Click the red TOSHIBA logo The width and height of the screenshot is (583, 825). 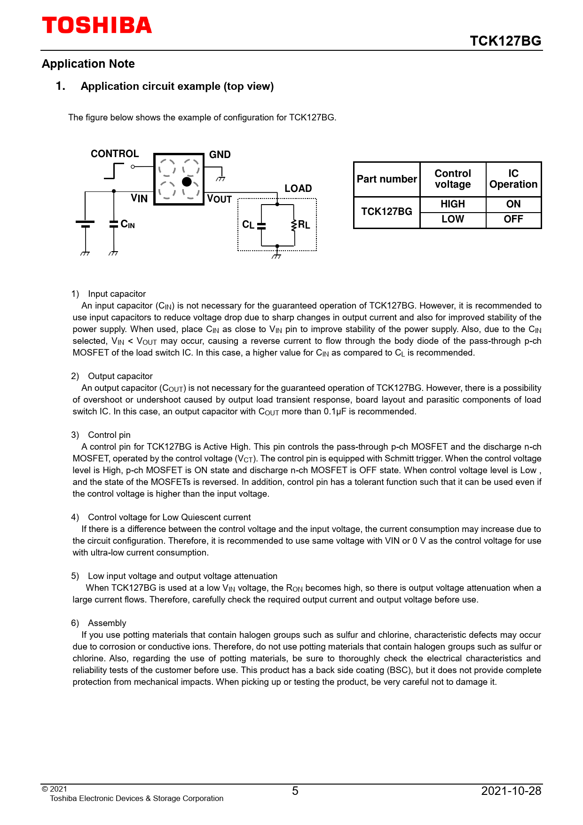pos(97,25)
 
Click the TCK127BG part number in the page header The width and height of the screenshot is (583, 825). pos(505,41)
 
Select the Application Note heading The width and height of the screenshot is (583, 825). pos(88,64)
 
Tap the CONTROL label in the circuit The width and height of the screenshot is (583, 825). pos(115,154)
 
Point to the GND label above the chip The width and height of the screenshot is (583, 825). pos(220,155)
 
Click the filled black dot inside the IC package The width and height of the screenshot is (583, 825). pos(187,182)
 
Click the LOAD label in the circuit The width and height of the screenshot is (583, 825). pos(298,189)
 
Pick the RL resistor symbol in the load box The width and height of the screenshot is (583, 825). pos(294,225)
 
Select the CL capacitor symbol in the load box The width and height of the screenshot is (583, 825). pos(261,225)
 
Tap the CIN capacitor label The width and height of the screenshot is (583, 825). pos(127,224)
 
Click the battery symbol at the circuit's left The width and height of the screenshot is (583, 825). pos(85,224)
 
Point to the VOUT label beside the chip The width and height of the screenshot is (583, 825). pos(219,199)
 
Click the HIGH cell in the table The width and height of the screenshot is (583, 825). pos(452,204)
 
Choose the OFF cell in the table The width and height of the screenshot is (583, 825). pos(513,219)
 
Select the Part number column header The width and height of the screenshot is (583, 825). pos(386,179)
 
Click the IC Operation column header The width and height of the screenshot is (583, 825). pos(513,179)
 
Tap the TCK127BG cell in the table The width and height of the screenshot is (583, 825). pos(386,212)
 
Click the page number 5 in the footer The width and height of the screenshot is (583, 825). pos(295,791)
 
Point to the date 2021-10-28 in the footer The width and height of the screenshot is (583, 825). pos(511,791)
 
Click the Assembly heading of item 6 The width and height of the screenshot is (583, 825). pos(107,623)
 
